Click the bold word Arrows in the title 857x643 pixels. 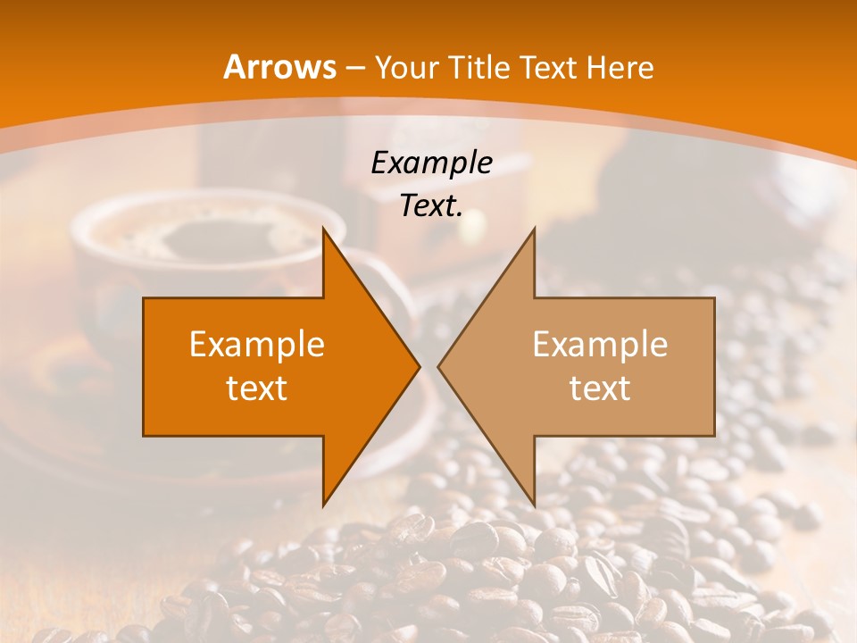pyautogui.click(x=280, y=67)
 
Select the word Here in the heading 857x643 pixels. pyautogui.click(x=621, y=68)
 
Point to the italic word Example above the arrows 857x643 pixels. pyautogui.click(x=431, y=163)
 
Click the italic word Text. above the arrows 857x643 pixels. pyautogui.click(x=431, y=205)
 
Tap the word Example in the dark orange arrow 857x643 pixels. pyautogui.click(x=257, y=345)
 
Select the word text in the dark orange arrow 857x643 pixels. pyautogui.click(x=257, y=388)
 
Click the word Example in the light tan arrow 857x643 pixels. pyautogui.click(x=600, y=345)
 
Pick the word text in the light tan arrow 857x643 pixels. pyautogui.click(x=600, y=388)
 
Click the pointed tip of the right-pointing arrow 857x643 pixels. pyautogui.click(x=419, y=366)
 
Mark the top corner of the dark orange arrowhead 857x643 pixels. pyautogui.click(x=324, y=229)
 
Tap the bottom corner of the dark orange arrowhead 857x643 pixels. pyautogui.click(x=324, y=505)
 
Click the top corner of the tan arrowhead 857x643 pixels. pyautogui.click(x=534, y=229)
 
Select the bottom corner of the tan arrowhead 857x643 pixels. pyautogui.click(x=534, y=505)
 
